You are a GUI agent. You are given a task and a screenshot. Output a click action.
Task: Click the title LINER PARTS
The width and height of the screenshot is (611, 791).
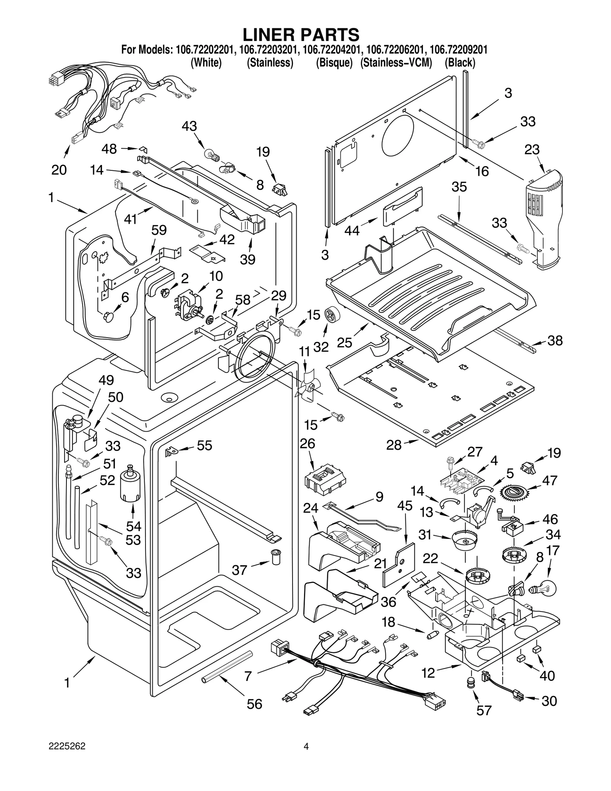coord(301,35)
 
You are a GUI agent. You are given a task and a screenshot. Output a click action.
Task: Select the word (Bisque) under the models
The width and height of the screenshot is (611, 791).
coord(334,63)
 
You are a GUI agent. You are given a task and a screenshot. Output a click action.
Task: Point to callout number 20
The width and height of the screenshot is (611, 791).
coord(59,170)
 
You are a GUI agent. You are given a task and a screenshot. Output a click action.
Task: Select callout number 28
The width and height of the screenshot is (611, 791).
coord(394,445)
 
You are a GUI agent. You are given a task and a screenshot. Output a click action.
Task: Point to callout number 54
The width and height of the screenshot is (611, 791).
coord(134,526)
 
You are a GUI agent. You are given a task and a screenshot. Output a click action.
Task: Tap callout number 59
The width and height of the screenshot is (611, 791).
coord(159,230)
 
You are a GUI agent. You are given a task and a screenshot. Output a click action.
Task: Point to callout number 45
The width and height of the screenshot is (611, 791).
coord(404,506)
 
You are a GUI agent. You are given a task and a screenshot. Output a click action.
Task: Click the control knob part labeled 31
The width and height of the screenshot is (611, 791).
coord(464,540)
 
